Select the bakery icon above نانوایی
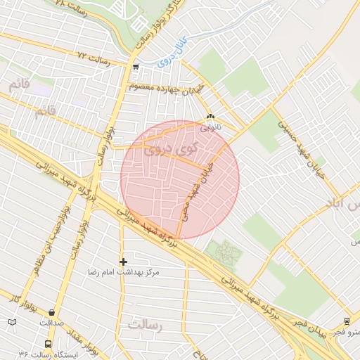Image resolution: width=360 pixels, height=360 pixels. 210,117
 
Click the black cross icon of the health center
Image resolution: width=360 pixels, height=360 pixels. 123,262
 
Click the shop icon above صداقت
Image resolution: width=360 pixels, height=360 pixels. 51,311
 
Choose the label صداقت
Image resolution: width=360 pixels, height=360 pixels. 51,322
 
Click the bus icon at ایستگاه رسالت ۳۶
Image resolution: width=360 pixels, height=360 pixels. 48,345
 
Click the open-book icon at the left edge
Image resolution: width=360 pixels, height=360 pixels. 12,322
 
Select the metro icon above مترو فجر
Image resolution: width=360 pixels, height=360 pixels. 347,321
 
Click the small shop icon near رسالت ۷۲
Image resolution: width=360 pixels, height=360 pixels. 135,67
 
